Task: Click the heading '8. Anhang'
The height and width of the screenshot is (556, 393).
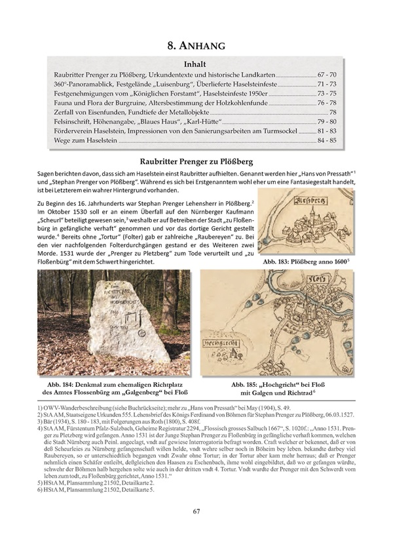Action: [196, 45]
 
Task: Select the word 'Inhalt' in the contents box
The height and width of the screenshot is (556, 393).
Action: [196, 65]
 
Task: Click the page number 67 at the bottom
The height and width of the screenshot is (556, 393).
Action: [196, 530]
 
